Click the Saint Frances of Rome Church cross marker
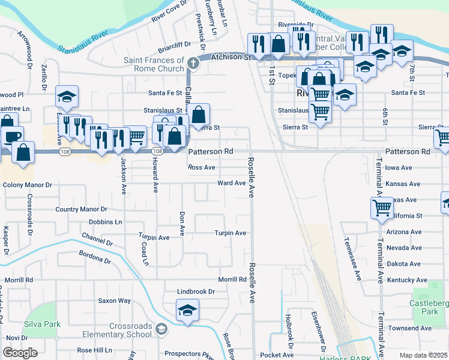193,62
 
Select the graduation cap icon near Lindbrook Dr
187,310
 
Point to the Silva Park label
40,324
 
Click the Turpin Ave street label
231,233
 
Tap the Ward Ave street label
232,183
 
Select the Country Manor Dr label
81,209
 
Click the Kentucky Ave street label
408,280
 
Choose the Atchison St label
231,58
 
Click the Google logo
20,352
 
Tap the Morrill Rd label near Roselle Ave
232,280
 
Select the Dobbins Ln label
105,221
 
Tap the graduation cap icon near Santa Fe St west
67,96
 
